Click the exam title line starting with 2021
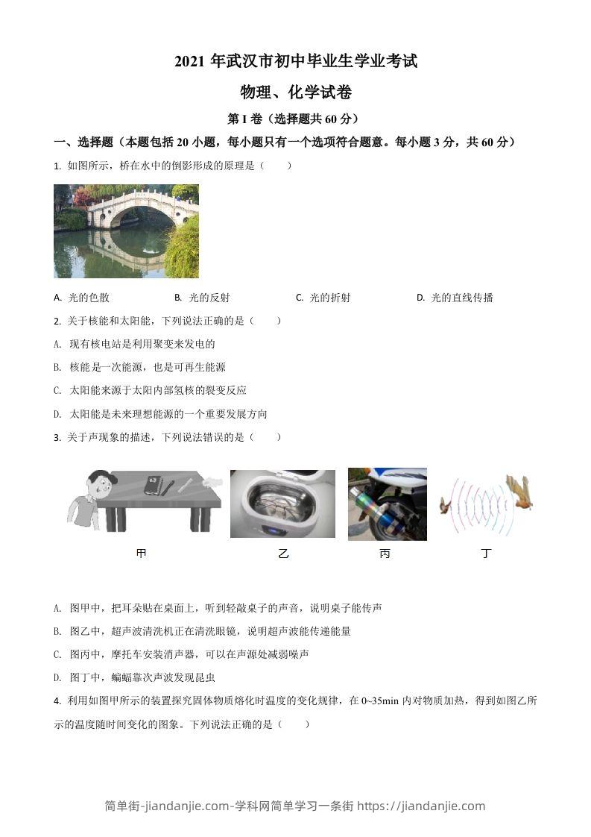tap(296, 61)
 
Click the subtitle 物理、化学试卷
tap(296, 93)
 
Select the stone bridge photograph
tap(126, 231)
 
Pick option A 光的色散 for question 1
tap(82, 298)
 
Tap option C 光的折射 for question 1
tap(323, 298)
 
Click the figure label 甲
tap(142, 554)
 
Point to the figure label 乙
tap(282, 554)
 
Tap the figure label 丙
tap(385, 554)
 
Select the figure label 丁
tap(487, 554)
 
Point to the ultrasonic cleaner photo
tap(282, 504)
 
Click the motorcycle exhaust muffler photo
tap(387, 504)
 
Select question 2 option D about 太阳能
tap(161, 414)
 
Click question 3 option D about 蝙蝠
tap(135, 677)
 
